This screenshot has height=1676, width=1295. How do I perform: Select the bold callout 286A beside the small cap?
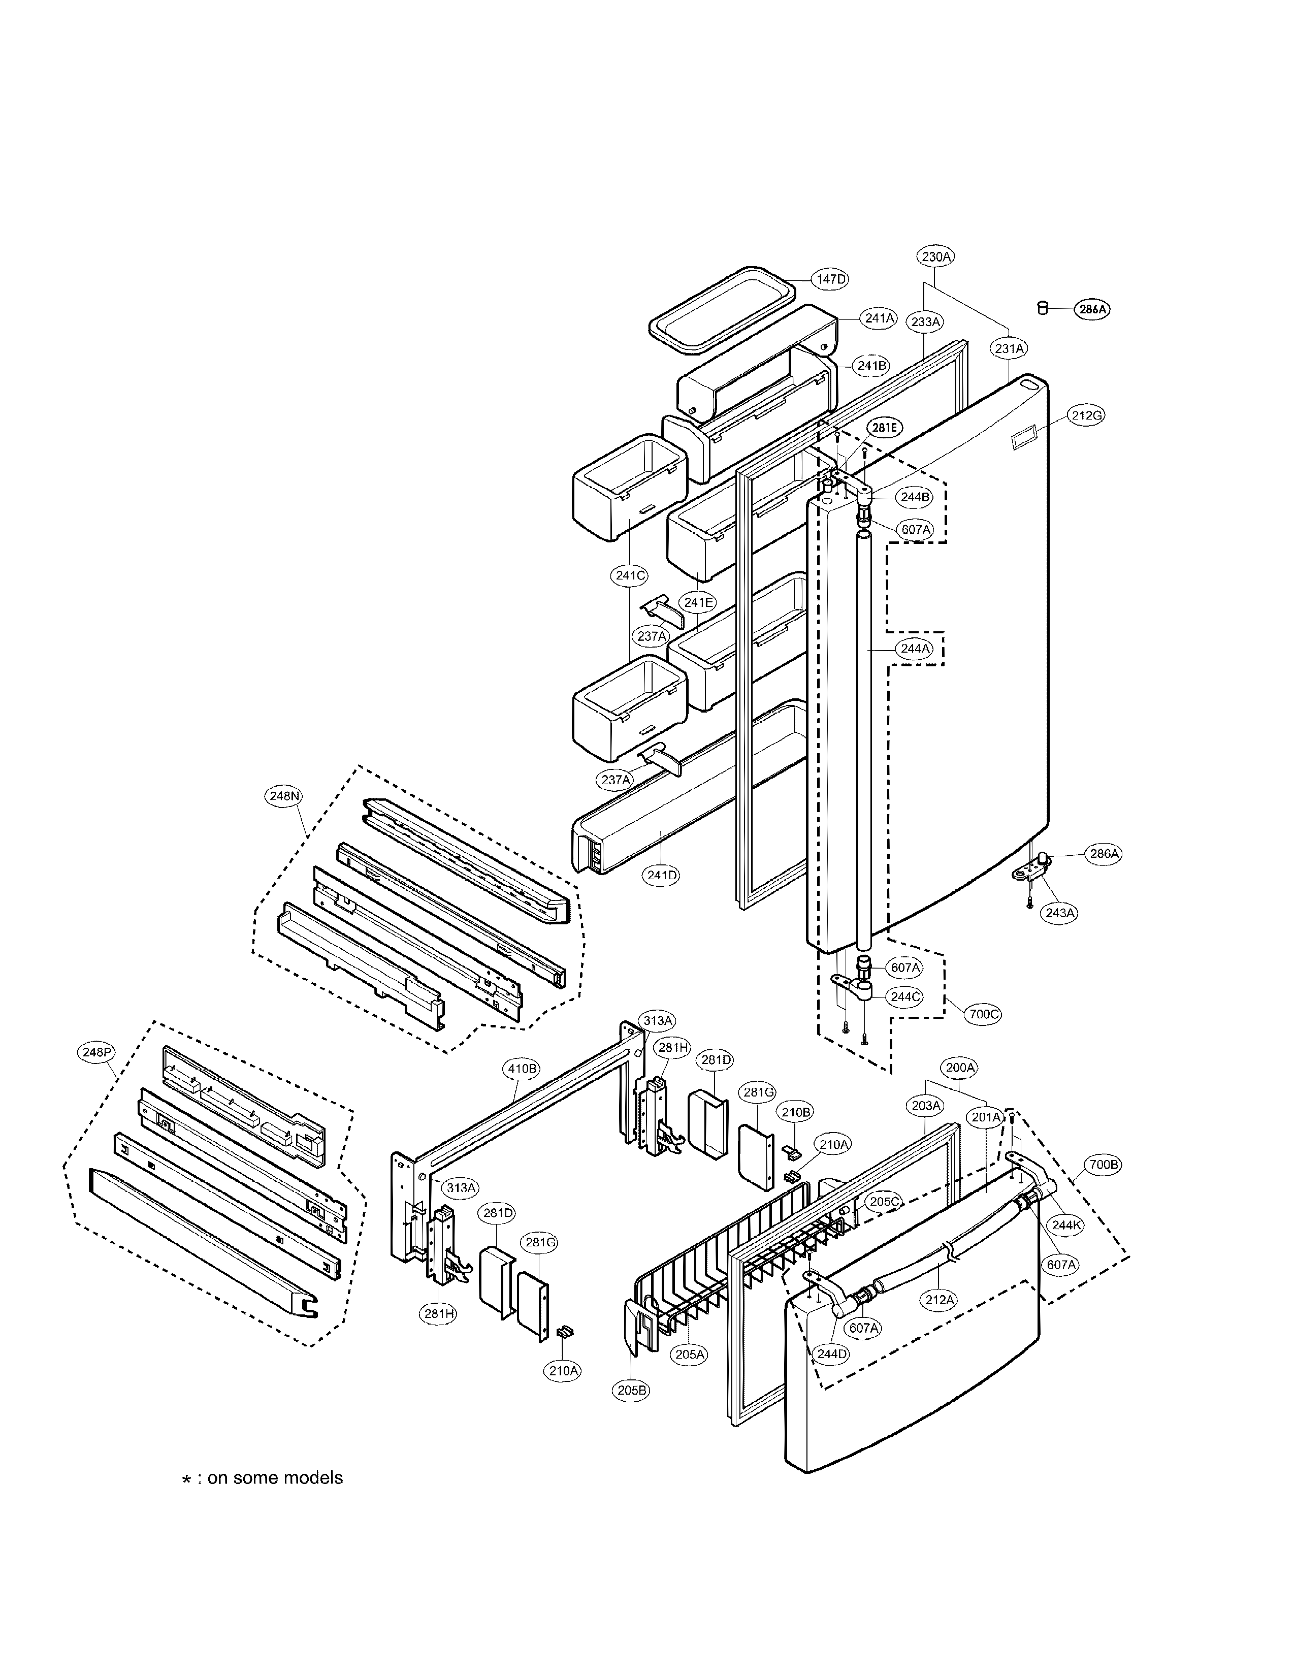(x=1092, y=310)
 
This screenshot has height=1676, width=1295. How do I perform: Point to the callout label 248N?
(x=284, y=796)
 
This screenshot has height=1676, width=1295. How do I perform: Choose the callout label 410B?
(x=522, y=1068)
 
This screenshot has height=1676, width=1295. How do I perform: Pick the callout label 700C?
(x=984, y=1014)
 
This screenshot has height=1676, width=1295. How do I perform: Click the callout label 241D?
(x=661, y=874)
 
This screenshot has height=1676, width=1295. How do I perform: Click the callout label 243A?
(x=1059, y=913)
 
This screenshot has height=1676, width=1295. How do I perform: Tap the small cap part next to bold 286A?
(x=1042, y=308)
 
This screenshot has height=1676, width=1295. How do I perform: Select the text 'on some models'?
(x=275, y=1478)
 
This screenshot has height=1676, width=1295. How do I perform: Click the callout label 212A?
(x=940, y=1299)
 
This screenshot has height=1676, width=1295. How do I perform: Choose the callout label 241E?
(x=698, y=602)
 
